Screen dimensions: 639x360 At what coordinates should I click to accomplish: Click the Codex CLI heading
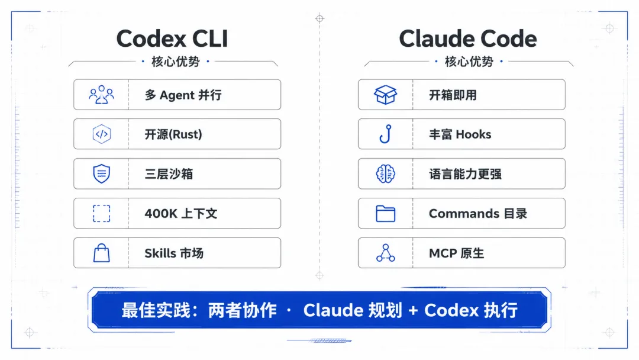coord(172,38)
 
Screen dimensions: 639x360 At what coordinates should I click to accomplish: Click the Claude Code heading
coord(468,38)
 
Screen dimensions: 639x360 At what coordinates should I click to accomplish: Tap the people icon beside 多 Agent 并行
coord(102,95)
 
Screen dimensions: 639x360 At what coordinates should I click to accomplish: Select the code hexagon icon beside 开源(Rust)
coord(102,134)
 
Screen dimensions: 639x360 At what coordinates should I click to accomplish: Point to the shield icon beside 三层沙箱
coord(102,173)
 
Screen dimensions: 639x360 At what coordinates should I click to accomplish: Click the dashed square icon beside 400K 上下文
coord(102,213)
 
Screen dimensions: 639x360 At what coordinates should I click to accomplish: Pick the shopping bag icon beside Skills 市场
coord(102,253)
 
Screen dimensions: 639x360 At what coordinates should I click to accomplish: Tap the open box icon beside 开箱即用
coord(386,95)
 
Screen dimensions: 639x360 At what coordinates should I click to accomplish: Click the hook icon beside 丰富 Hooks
coord(386,134)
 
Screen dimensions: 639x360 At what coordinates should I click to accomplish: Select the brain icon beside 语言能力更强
coord(386,173)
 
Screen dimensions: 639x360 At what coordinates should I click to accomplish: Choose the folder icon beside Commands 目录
coord(386,214)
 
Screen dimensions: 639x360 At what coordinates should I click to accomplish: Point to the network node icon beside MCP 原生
coord(386,253)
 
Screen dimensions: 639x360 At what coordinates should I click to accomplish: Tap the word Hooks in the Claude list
coord(473,134)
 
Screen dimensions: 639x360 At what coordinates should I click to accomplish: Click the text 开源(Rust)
coord(173,134)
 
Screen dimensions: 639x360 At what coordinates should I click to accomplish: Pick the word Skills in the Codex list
coord(160,253)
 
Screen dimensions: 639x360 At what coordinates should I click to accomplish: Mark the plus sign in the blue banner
coord(413,311)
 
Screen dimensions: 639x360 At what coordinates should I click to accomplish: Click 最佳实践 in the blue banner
coord(156,310)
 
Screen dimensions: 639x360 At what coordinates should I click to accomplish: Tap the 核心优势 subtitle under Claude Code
coord(469,62)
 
